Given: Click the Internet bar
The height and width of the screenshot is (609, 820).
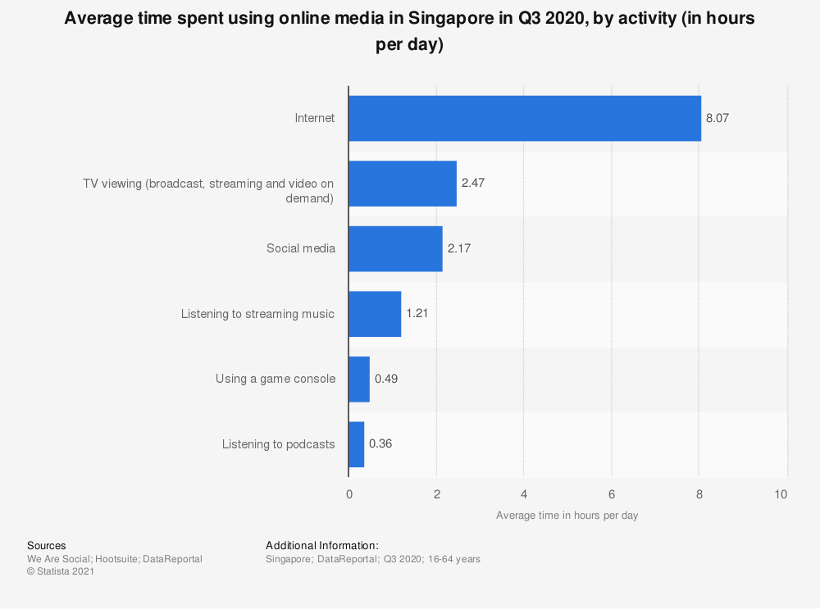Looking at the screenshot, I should tap(525, 118).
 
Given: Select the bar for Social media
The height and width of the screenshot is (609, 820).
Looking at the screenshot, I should tap(395, 248).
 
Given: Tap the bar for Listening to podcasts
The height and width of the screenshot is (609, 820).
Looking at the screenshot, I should tap(356, 444).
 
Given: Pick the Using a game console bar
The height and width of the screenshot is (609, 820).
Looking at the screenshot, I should tap(359, 379).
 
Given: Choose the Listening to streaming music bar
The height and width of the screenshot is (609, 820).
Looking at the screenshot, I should tap(375, 314).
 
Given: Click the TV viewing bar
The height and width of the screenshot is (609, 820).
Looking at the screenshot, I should tap(402, 184).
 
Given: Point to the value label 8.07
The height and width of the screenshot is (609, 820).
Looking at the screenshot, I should tap(717, 118).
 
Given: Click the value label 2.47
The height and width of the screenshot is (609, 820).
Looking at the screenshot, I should tap(472, 184).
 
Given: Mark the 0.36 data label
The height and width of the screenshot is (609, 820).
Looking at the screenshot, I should tap(381, 444).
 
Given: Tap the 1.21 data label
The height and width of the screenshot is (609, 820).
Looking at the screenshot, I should tap(418, 314).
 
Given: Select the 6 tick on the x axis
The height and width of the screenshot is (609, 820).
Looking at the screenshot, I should tap(612, 494).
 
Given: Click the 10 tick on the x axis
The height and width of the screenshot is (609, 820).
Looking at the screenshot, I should tap(781, 494).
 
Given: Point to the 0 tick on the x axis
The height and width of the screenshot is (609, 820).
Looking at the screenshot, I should tap(349, 494).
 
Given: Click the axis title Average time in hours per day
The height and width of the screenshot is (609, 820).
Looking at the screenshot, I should tap(567, 516).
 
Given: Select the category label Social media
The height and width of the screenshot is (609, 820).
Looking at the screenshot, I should tap(301, 248).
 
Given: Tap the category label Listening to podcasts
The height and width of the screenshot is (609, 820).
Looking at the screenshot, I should tap(279, 444).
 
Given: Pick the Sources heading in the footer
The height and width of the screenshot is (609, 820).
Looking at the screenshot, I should tap(47, 545).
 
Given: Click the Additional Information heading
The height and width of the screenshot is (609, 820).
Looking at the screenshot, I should tap(321, 545).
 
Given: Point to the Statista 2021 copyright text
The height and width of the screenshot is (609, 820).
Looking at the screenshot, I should tap(61, 572).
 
